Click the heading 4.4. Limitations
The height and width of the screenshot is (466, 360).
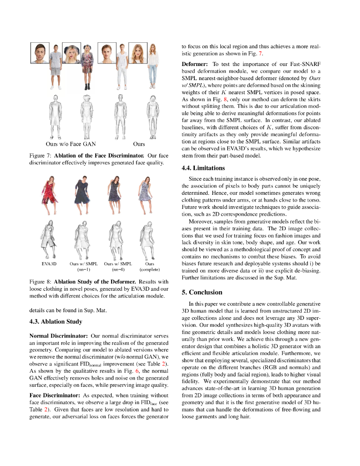[x=203, y=168]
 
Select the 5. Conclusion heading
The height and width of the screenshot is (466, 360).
[x=202, y=292]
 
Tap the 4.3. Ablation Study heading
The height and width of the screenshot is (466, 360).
[x=56, y=322]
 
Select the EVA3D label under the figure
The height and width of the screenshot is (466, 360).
[x=49, y=263]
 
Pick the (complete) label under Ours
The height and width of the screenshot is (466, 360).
[x=150, y=269]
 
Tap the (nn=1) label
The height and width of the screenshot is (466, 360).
[x=83, y=269]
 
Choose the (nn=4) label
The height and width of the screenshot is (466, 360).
[x=117, y=269]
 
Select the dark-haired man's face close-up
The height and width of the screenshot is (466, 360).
[x=40, y=53]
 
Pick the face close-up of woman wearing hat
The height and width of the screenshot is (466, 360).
[x=71, y=53]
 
